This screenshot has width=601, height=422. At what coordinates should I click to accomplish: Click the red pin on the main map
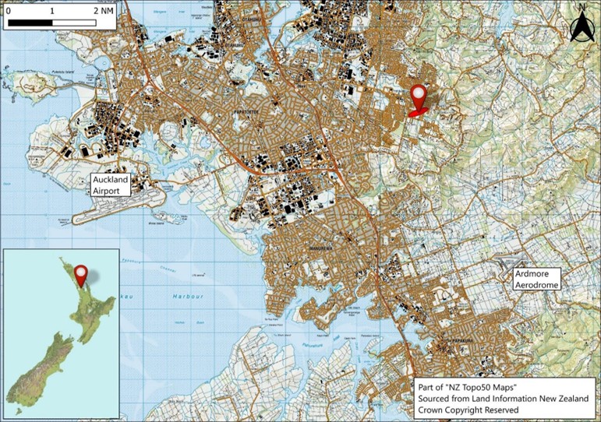pos(419,99)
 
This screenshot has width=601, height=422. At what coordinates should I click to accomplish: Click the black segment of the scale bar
pos(31,23)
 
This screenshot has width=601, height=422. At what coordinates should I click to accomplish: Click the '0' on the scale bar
pos(9,12)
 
